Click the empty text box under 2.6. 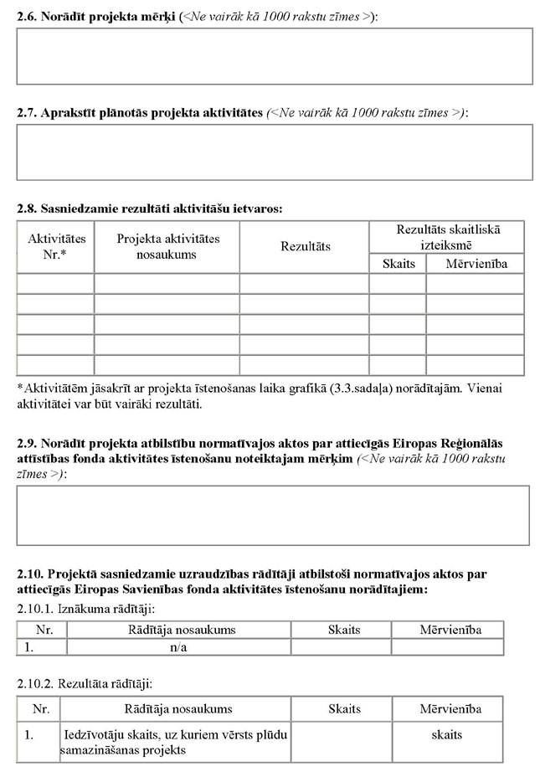[275, 56]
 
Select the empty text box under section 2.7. [275, 152]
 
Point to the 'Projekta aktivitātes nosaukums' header [167, 246]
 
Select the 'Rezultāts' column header [305, 246]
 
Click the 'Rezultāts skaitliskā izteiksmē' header [447, 236]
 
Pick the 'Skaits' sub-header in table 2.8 [398, 264]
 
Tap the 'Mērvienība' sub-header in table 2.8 [476, 264]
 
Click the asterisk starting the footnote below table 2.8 [20, 388]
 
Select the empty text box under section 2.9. [273, 515]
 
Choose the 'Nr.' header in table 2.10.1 [41, 630]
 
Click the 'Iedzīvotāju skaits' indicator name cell [173, 742]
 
